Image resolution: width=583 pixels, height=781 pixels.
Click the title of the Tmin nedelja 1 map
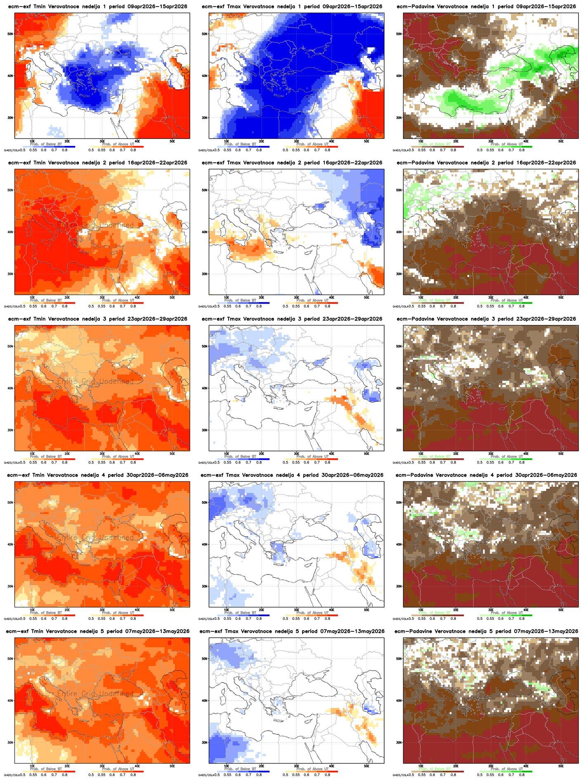(x=97, y=7)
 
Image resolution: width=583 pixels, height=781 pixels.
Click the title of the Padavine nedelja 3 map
(x=486, y=319)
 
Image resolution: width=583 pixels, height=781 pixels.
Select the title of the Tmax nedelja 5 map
(x=292, y=631)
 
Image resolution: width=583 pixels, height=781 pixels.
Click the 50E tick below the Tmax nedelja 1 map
(x=366, y=141)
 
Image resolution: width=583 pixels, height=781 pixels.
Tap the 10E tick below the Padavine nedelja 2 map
(x=420, y=297)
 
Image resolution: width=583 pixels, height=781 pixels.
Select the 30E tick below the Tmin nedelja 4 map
(x=102, y=609)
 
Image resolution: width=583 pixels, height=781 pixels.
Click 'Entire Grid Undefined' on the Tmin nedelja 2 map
(x=95, y=225)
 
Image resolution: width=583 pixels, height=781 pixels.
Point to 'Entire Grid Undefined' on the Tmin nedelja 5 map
(x=95, y=694)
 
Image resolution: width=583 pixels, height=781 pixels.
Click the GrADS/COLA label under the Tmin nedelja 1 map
(x=12, y=150)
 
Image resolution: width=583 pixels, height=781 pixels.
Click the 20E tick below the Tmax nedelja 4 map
(x=261, y=609)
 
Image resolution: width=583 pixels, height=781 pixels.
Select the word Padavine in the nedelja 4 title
(x=423, y=475)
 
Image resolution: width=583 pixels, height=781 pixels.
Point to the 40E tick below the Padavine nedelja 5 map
(x=526, y=765)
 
